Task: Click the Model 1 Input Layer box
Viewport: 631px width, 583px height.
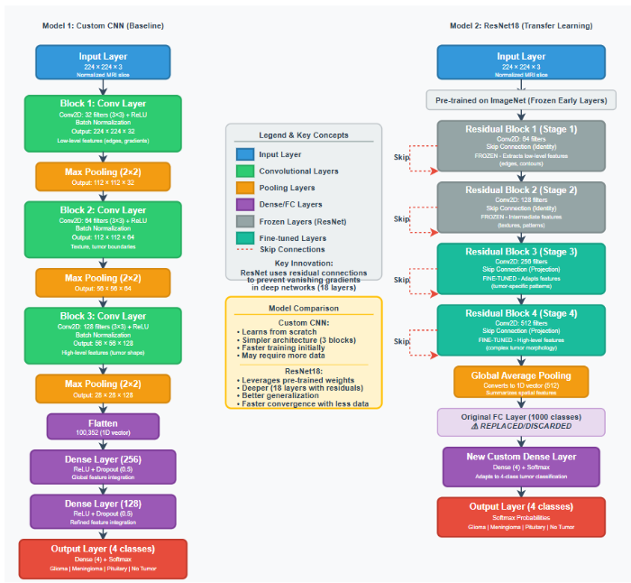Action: (103, 62)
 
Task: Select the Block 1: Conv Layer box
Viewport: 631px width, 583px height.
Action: (103, 121)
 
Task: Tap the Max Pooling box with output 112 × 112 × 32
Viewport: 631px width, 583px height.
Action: (103, 175)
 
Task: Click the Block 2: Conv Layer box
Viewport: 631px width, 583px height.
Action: (103, 228)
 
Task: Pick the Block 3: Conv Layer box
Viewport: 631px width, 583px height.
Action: (103, 335)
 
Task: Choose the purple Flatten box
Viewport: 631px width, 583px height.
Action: (103, 426)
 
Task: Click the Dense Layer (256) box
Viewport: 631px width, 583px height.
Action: (103, 467)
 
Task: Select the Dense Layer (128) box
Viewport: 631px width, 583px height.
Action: (103, 511)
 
